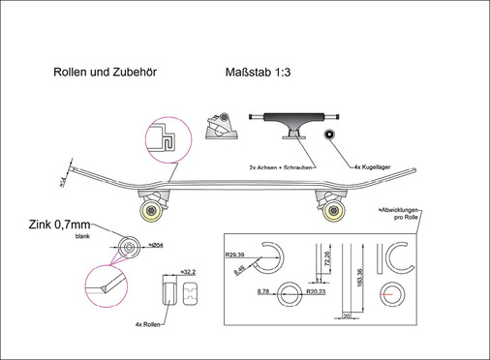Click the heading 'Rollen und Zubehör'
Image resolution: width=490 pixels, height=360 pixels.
click(x=106, y=72)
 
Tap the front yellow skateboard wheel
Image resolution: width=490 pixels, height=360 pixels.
click(x=152, y=212)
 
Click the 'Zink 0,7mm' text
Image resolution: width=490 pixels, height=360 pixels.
click(x=61, y=226)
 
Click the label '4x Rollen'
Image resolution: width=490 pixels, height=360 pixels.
click(x=147, y=325)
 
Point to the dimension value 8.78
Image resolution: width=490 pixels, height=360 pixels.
click(x=263, y=290)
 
